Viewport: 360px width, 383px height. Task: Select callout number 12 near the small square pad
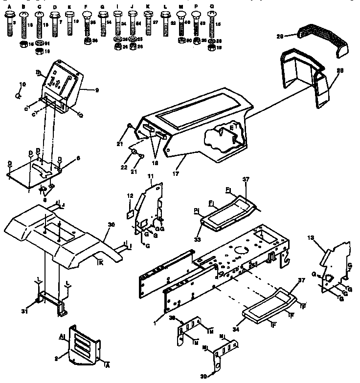tap(130, 195)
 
